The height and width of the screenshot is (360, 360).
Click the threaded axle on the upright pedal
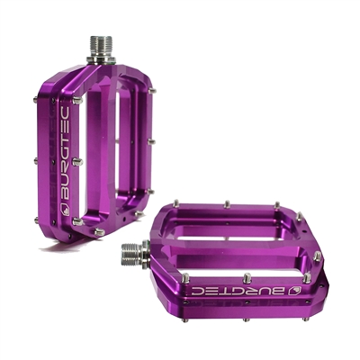[101, 49]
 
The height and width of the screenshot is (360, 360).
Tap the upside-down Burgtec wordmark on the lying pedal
[238, 291]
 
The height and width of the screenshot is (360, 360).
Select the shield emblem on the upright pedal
[65, 210]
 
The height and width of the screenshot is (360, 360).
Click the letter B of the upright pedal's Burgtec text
[65, 195]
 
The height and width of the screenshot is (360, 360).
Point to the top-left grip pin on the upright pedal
[77, 101]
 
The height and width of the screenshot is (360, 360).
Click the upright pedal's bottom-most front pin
[99, 232]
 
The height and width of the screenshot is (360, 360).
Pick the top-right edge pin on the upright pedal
[152, 91]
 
